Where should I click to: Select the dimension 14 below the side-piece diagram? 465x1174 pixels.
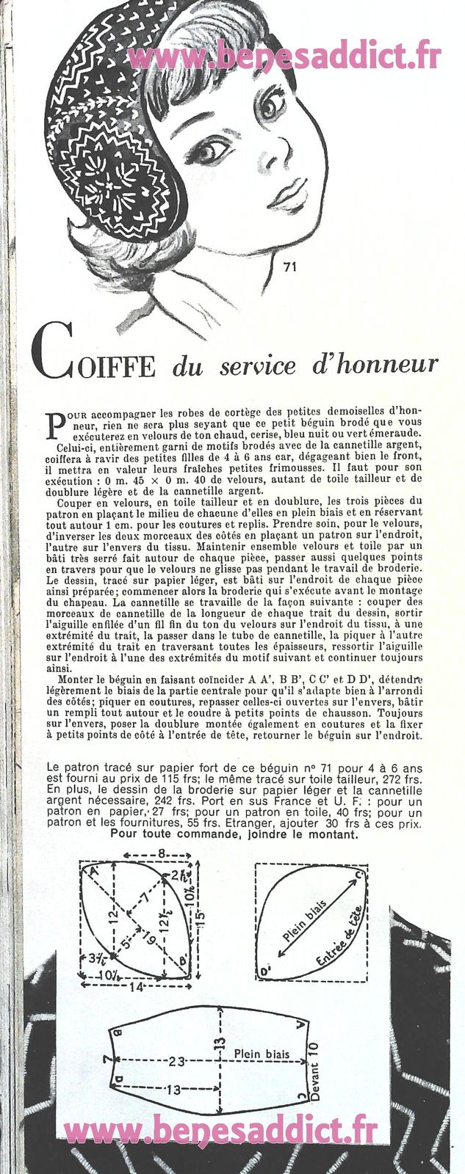click(137, 988)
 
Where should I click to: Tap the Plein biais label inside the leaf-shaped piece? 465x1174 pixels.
click(307, 926)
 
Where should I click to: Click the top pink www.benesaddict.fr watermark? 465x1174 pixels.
click(284, 56)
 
